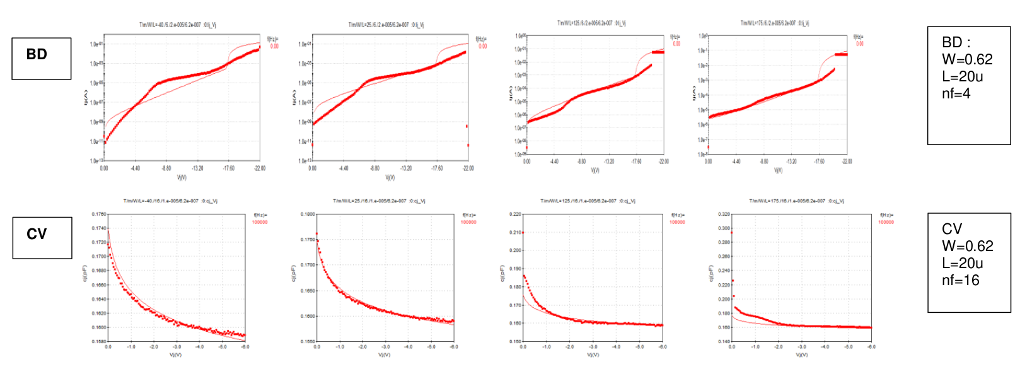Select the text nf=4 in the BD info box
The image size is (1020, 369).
point(956,94)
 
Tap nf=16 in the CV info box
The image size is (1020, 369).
point(960,280)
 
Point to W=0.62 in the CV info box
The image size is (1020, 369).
point(967,246)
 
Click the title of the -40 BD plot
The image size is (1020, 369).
point(178,25)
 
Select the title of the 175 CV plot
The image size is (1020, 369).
point(796,201)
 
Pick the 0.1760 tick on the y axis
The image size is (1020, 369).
point(99,214)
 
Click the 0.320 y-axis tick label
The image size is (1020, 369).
point(724,214)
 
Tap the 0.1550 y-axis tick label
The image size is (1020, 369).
point(308,341)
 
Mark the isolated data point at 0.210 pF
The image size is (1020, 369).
point(523,233)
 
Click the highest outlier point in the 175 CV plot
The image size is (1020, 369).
point(731,233)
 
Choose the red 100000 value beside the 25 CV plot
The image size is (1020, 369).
point(468,222)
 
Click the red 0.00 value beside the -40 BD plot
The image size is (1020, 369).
point(274,46)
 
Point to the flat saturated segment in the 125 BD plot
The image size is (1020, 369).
point(658,52)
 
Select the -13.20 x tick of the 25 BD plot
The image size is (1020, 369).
point(406,168)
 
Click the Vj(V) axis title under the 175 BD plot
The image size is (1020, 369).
point(778,170)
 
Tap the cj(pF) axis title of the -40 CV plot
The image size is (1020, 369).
point(84,273)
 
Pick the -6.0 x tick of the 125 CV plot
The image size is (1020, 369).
point(662,347)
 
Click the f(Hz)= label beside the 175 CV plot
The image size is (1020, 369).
point(886,215)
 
